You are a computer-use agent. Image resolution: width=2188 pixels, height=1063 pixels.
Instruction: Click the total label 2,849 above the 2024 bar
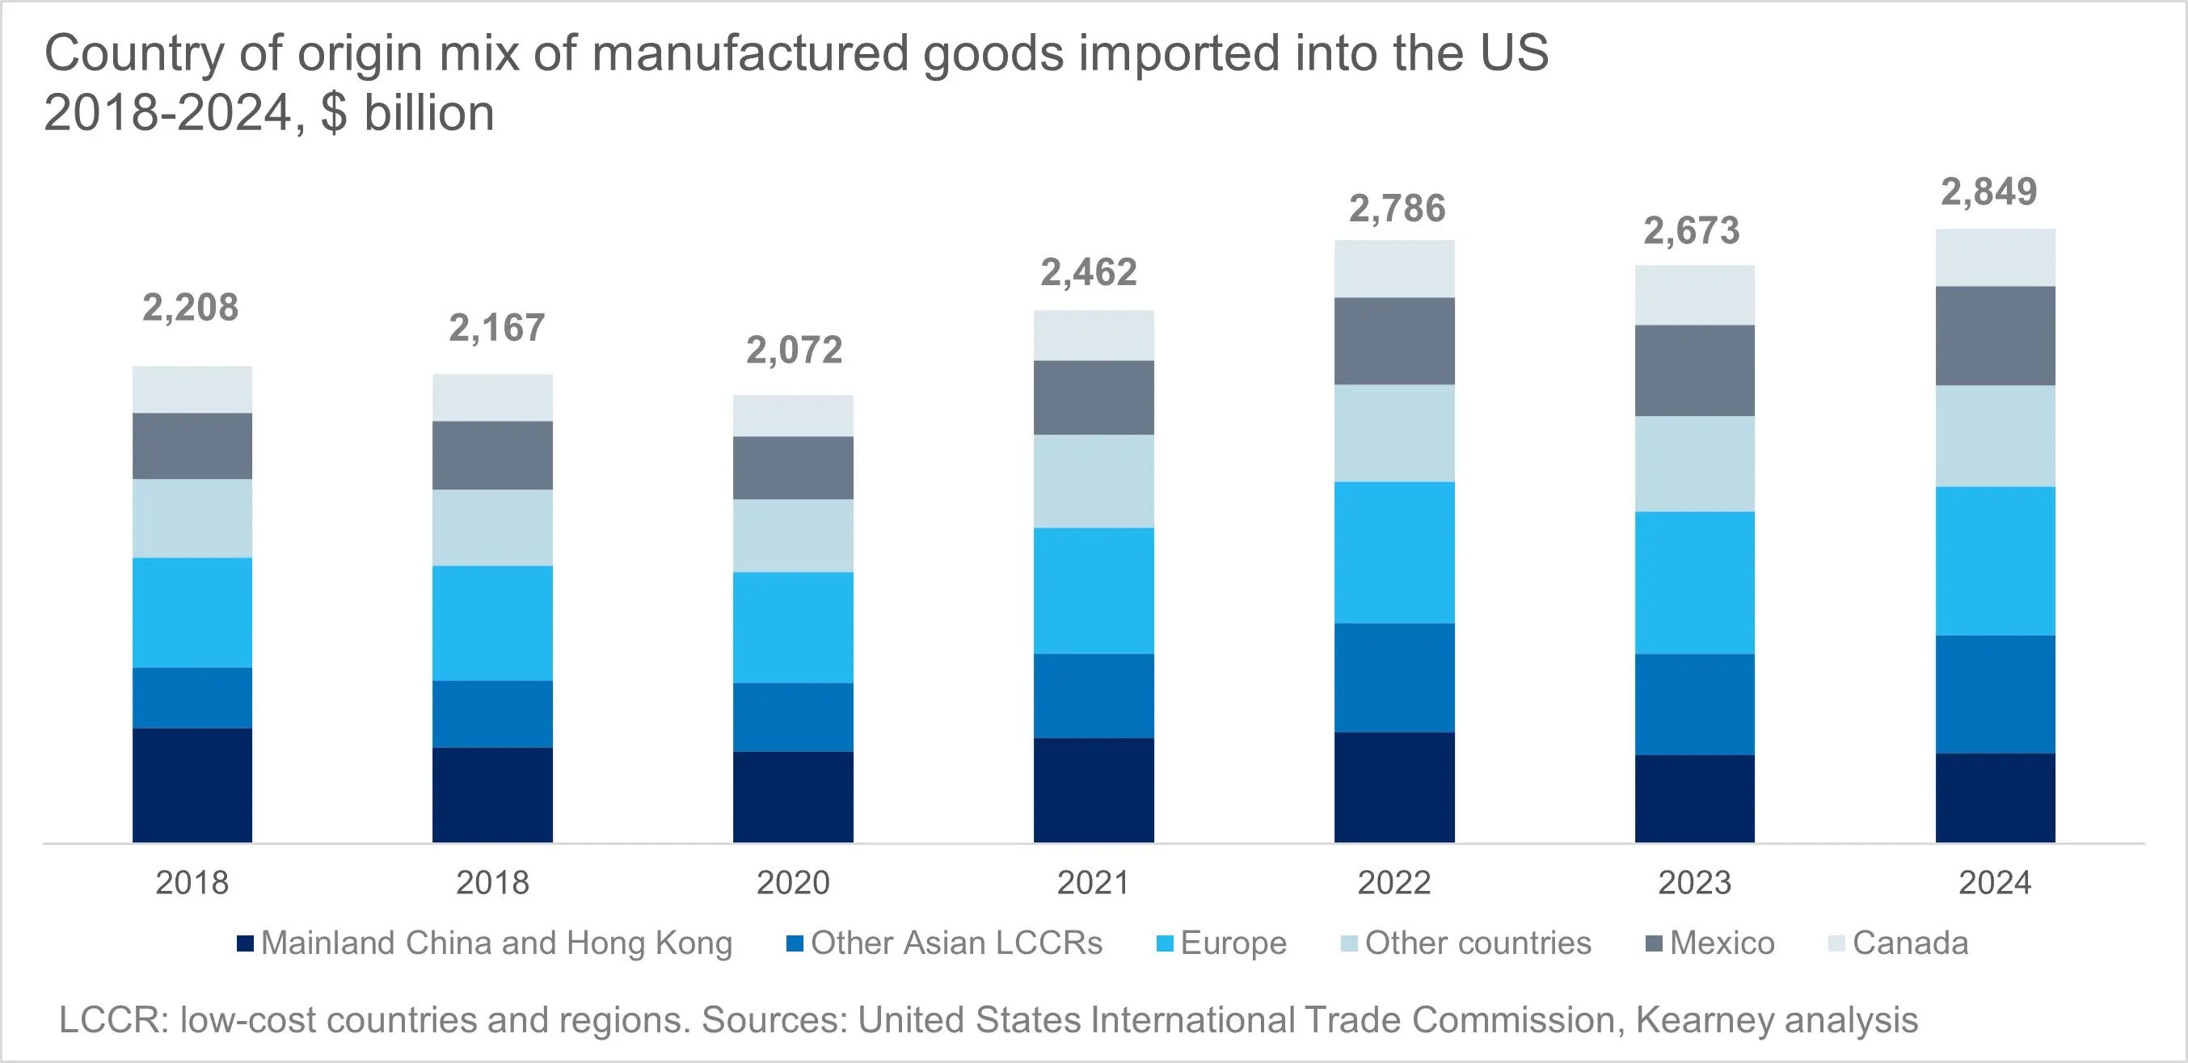click(x=1988, y=193)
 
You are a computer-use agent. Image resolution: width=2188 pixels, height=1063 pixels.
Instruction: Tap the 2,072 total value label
click(x=795, y=351)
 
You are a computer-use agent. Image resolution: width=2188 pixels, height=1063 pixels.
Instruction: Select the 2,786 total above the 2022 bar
click(x=1398, y=210)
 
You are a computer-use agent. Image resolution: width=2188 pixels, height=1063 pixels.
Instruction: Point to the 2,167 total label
click(x=497, y=329)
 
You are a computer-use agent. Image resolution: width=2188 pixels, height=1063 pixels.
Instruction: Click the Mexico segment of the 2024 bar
click(x=1995, y=336)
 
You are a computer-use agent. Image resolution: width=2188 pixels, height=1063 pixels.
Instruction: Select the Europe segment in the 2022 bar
click(x=1393, y=553)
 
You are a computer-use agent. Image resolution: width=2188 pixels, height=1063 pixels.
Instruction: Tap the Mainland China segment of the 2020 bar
click(x=792, y=796)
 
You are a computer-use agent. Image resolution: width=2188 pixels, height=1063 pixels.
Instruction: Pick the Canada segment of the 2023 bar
click(x=1694, y=296)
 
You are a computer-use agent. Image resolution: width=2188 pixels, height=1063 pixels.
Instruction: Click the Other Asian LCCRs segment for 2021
click(x=1093, y=695)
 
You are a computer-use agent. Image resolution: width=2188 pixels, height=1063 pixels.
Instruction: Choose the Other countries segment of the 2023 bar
click(x=1694, y=464)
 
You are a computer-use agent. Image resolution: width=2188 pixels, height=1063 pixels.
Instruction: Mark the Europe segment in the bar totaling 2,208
click(x=192, y=612)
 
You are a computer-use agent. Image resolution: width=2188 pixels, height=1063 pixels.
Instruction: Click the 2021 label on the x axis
click(x=1093, y=883)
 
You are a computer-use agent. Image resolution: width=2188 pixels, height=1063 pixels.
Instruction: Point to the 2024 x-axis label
click(x=1995, y=883)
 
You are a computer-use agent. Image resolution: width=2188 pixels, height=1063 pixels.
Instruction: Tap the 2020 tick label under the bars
click(x=792, y=883)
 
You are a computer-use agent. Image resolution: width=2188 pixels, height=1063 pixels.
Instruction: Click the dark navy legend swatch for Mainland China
click(x=246, y=943)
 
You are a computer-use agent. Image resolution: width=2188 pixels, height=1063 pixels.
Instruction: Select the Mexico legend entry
click(x=1722, y=943)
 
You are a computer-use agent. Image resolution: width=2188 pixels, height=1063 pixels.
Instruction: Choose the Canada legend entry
click(x=1909, y=943)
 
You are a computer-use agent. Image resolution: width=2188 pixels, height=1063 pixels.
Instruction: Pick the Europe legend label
click(x=1233, y=943)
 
